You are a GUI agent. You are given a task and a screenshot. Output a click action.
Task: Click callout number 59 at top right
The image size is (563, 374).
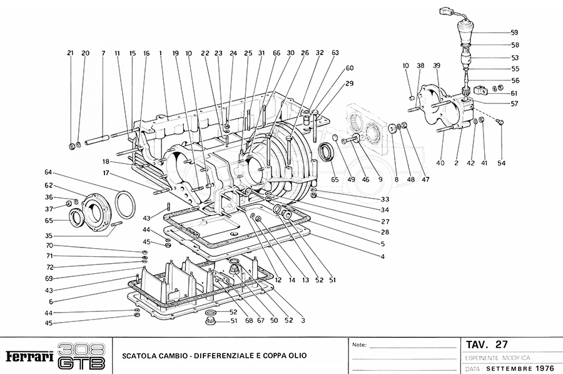pyautogui.click(x=514, y=32)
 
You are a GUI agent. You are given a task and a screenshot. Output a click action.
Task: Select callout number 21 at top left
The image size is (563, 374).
pyautogui.click(x=70, y=53)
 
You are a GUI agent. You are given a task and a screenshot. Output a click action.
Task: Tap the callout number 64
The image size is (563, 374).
pyautogui.click(x=48, y=172)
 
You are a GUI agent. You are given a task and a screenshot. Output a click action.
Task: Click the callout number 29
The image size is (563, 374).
pyautogui.click(x=350, y=83)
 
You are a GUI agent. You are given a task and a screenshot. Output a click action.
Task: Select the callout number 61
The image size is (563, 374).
pyautogui.click(x=514, y=93)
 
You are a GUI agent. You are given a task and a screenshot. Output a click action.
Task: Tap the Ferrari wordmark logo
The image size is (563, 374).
pyautogui.click(x=28, y=356)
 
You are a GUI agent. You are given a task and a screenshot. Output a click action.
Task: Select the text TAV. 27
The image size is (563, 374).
pyautogui.click(x=487, y=345)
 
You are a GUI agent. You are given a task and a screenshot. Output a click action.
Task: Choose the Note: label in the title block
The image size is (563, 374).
pyautogui.click(x=360, y=345)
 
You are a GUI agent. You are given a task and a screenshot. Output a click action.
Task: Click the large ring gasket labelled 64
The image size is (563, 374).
pyautogui.click(x=125, y=204)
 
